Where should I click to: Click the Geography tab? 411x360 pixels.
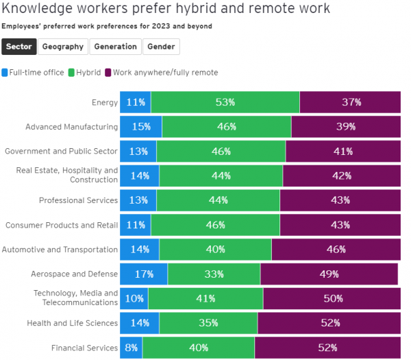tap(62, 47)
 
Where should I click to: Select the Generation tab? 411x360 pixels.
tap(115, 47)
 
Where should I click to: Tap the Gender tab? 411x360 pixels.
tap(162, 47)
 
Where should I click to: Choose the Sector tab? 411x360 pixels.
tap(18, 47)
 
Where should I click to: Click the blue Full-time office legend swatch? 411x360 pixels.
tap(5, 72)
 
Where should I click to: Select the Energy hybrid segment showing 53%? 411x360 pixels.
tap(225, 102)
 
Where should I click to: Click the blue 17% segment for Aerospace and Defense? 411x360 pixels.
tap(143, 274)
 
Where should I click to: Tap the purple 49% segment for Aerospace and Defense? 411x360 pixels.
tap(329, 274)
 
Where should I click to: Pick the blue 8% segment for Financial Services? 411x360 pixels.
tap(131, 348)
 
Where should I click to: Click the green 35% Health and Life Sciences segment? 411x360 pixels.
tap(208, 323)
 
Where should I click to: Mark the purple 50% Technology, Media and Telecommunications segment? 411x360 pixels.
tap(332, 298)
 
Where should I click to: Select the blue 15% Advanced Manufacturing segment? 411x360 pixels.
tap(140, 127)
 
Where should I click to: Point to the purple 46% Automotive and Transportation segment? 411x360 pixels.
tap(336, 250)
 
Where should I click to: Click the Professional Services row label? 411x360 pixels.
tap(78, 201)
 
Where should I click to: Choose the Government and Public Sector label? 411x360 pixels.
tap(62, 152)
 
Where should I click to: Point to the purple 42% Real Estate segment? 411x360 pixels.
tap(341, 176)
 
